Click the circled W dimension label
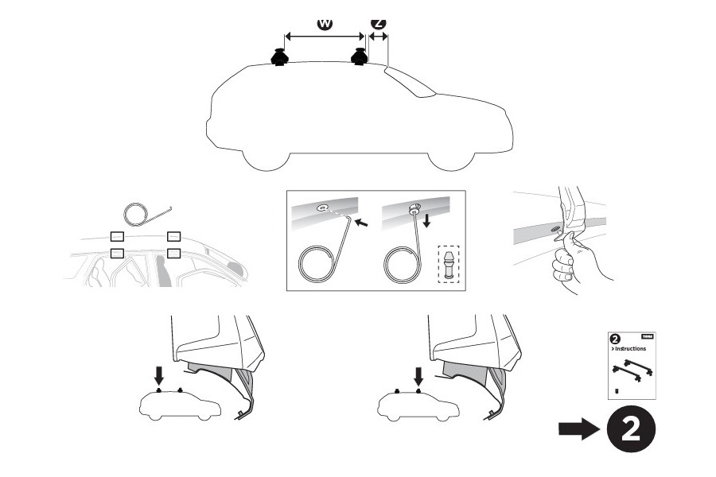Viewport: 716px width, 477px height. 325,23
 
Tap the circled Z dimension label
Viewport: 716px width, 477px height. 379,23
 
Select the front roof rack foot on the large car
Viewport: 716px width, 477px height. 280,58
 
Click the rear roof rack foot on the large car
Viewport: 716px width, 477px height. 360,58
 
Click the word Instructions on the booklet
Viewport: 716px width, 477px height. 628,348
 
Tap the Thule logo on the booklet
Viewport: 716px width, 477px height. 648,336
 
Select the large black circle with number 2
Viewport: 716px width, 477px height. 630,430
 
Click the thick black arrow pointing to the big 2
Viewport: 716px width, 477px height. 579,430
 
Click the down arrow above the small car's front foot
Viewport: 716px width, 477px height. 159,374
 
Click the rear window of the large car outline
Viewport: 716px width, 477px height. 410,83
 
